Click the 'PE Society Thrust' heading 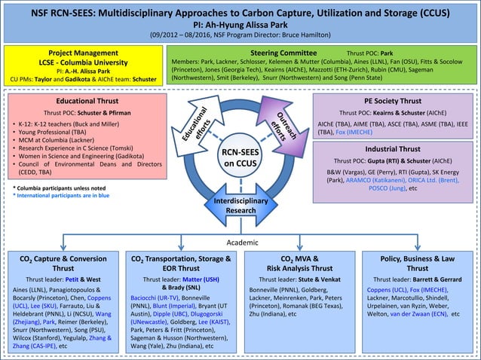coord(392,100)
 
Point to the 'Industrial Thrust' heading coord(392,149)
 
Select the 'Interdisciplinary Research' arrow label coord(240,206)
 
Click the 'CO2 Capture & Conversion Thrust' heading coord(63,263)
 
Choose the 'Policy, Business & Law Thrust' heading coord(417,263)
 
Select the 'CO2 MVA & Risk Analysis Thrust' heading coord(299,263)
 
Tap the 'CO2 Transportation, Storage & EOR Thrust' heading coord(181,263)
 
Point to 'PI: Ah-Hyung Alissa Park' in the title coord(240,23)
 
